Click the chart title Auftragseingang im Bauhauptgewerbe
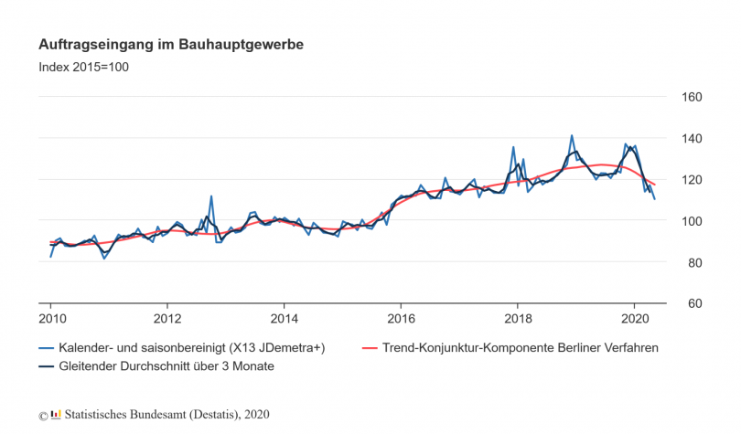point(171,44)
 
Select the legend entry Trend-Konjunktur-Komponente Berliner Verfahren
point(518,348)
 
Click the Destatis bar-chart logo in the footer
point(55,415)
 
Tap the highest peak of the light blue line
point(572,135)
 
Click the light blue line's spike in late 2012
point(211,196)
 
